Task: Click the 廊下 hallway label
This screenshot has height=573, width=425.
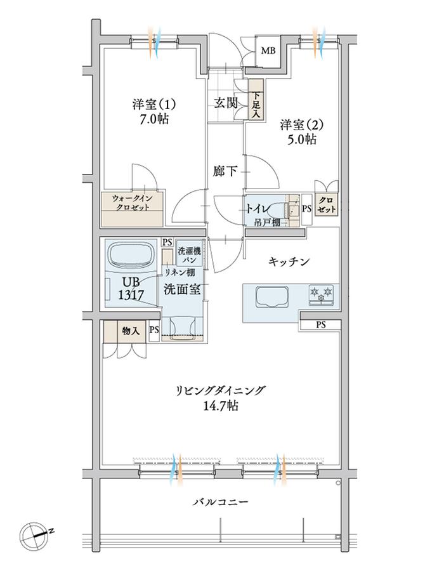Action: coord(225,169)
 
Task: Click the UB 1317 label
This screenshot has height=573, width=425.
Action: coord(132,289)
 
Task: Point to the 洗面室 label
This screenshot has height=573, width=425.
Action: coord(183,289)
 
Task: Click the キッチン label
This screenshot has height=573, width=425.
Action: coord(289,260)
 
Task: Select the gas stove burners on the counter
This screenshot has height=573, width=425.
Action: coord(320,293)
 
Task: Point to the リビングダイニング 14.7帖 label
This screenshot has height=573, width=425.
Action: coord(221,398)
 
